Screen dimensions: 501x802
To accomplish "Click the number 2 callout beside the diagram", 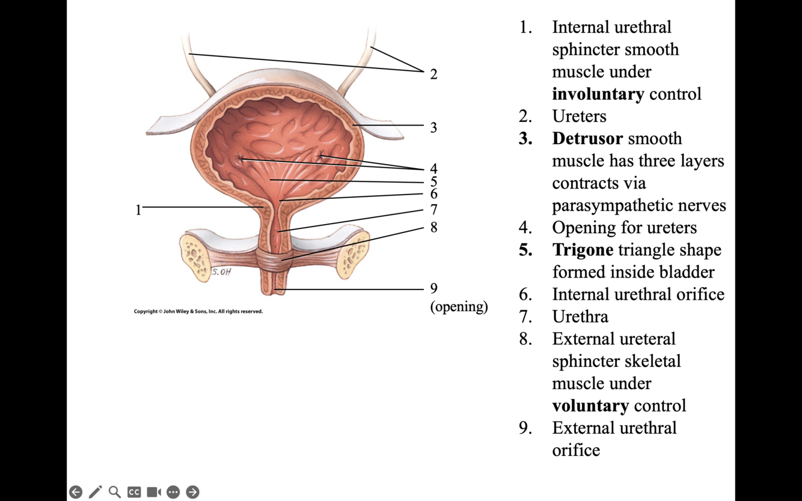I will (433, 74).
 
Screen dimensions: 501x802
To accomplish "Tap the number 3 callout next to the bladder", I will (433, 127).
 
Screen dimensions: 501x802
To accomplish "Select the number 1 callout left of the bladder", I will (138, 210).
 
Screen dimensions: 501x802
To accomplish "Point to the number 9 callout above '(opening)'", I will (433, 288).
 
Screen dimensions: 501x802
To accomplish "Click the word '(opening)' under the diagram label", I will (459, 306).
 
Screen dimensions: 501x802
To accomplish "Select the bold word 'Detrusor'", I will (587, 139).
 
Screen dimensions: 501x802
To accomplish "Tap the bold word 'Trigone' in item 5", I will (583, 250).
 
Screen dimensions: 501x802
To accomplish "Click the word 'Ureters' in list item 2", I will (579, 117).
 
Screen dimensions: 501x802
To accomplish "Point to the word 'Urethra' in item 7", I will (580, 317).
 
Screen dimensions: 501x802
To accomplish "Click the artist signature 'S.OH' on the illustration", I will (221, 272).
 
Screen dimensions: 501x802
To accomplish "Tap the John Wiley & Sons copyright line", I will (198, 311).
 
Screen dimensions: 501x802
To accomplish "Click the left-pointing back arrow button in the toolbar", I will (76, 492).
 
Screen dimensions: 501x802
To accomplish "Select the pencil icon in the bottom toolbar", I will (95, 492).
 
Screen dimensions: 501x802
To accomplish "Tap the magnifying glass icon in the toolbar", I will (115, 492).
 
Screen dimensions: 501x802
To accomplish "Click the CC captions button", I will (134, 492).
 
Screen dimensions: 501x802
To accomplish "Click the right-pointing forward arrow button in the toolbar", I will (192, 492).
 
